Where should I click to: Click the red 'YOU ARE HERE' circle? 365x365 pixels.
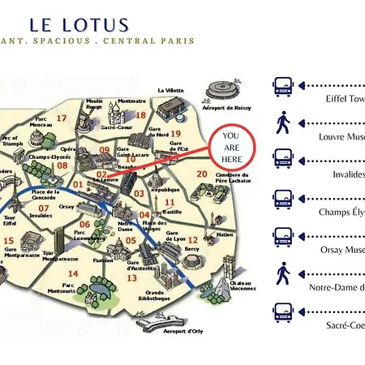pyautogui.click(x=230, y=148)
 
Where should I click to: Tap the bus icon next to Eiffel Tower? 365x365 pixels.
pyautogui.click(x=283, y=85)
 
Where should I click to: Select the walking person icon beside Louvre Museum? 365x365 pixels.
pyautogui.click(x=283, y=123)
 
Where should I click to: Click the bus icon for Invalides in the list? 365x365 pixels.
pyautogui.click(x=283, y=160)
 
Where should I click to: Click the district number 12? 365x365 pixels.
pyautogui.click(x=191, y=240)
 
